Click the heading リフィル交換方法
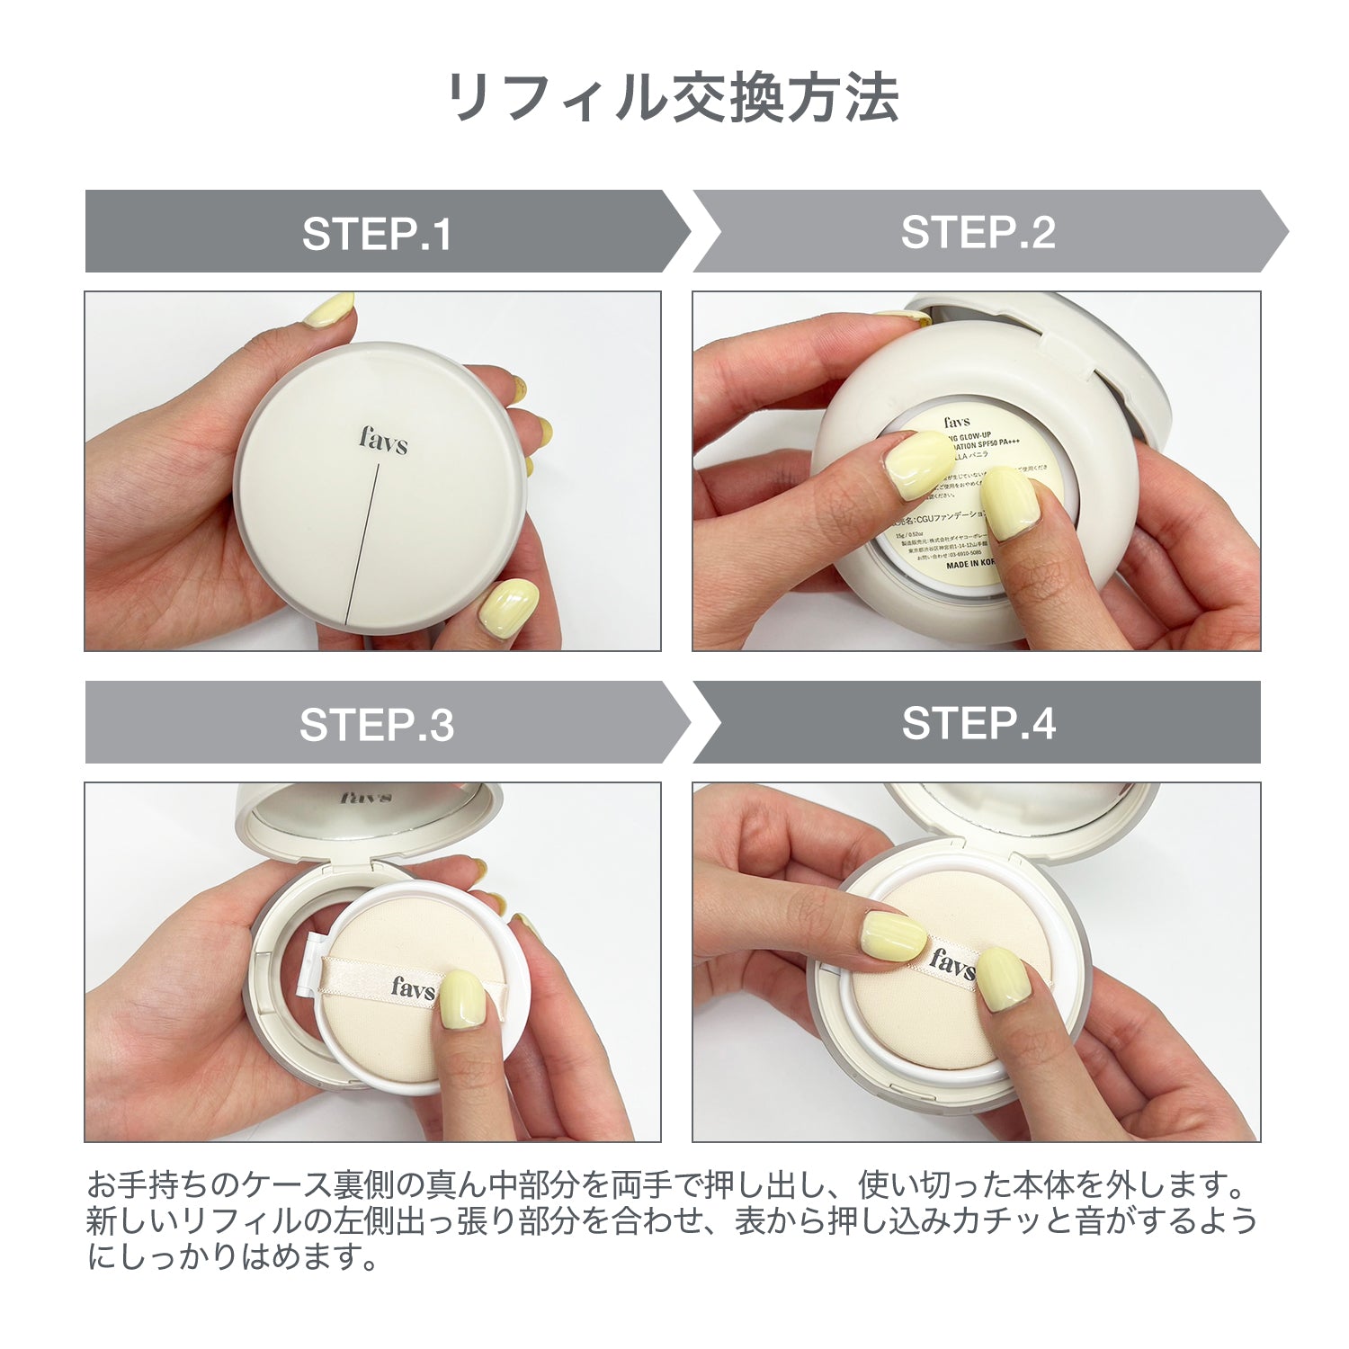click(673, 97)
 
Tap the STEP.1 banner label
click(377, 234)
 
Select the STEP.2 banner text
click(978, 233)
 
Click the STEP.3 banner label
click(377, 725)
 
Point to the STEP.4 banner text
click(978, 724)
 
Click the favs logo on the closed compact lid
click(383, 440)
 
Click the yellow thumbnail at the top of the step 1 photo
click(328, 310)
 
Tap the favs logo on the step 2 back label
click(957, 422)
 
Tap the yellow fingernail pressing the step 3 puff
click(463, 998)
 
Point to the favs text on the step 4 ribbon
click(951, 964)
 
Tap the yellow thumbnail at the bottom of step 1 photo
click(508, 607)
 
